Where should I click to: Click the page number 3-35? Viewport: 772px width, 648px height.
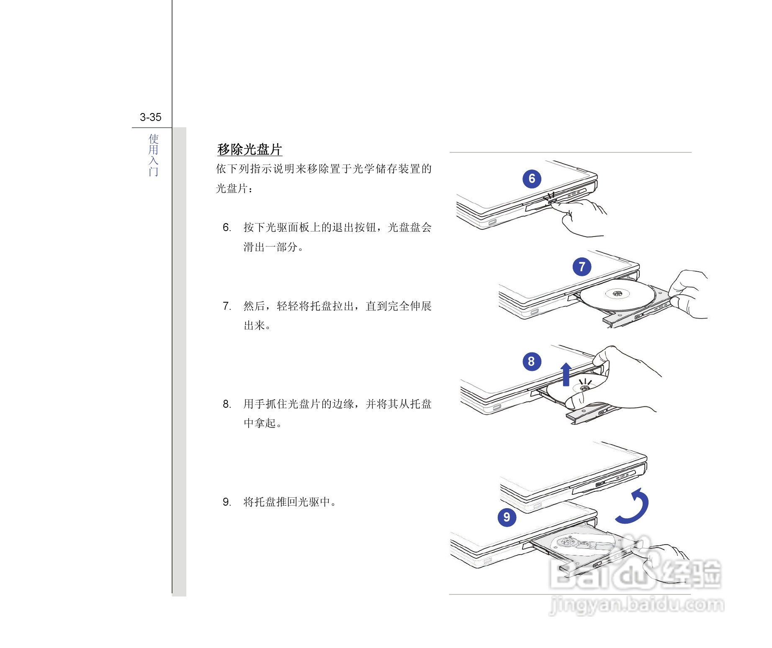click(150, 117)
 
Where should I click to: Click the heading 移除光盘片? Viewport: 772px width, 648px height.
click(250, 149)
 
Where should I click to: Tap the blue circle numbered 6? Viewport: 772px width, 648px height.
click(532, 179)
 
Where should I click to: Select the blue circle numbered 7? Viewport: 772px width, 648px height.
click(582, 267)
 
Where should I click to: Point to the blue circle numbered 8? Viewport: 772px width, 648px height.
click(531, 361)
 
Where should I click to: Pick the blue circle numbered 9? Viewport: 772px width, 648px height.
click(507, 517)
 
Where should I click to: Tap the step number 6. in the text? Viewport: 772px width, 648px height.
click(226, 227)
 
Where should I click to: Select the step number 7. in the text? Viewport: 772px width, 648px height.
click(226, 306)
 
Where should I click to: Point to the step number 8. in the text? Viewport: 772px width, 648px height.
click(226, 404)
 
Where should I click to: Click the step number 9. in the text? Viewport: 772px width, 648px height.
click(226, 502)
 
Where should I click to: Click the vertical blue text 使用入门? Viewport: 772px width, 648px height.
click(153, 155)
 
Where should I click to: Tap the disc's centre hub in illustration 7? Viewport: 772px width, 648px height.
click(618, 293)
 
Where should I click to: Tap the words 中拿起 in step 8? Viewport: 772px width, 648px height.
click(260, 423)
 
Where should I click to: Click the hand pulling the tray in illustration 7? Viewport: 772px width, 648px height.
click(689, 295)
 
